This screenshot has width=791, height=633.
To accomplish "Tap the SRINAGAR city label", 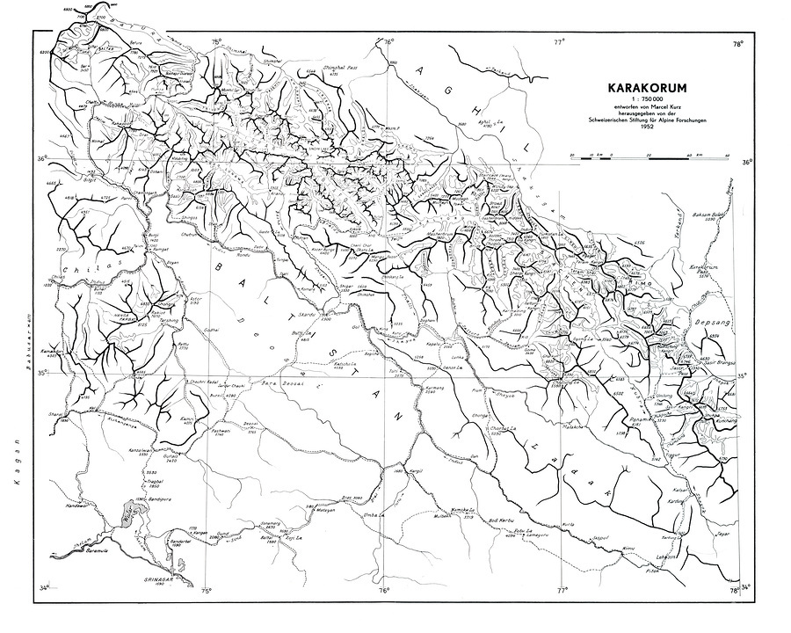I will (x=163, y=579).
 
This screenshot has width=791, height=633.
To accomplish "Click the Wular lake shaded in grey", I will (x=134, y=512).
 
